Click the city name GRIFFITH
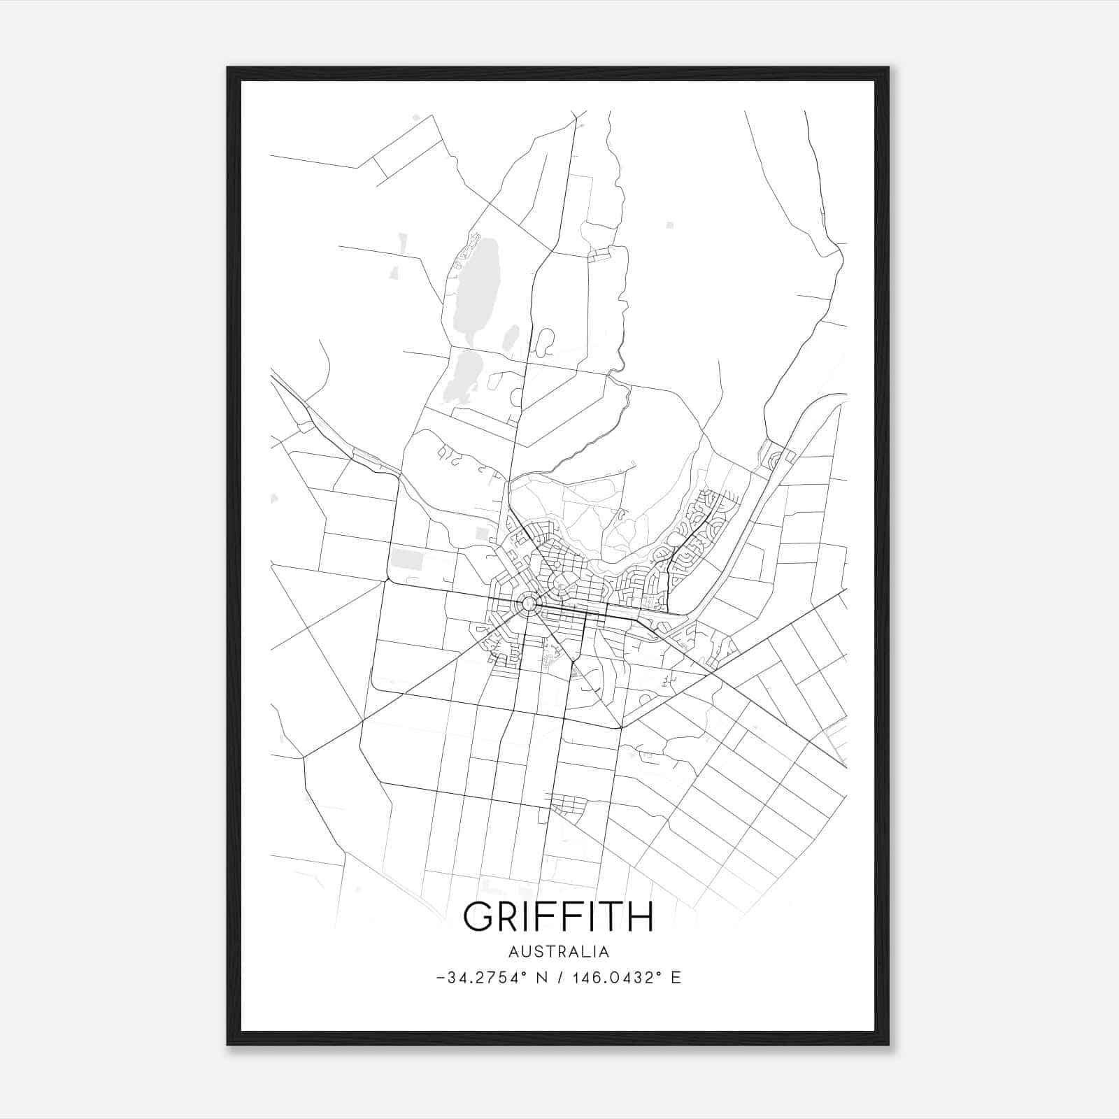pos(558,916)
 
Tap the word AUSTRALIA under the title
pos(558,952)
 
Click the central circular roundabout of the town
pos(529,603)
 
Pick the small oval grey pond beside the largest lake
pos(511,338)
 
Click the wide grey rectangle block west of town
pos(406,559)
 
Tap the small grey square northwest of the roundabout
pos(482,534)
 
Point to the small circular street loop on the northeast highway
pos(775,460)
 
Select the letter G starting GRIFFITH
pos(479,916)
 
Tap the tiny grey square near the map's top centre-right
pos(670,225)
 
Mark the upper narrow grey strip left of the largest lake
pos(402,243)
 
